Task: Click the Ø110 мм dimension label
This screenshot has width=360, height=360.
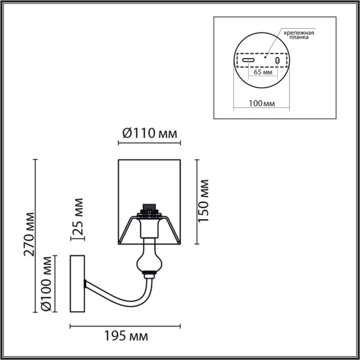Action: (150, 134)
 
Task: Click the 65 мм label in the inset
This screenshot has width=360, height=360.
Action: (263, 73)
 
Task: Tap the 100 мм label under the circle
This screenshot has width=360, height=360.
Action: (261, 103)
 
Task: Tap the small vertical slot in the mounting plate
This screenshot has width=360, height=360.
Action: (278, 61)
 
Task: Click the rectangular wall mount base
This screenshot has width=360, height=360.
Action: (77, 284)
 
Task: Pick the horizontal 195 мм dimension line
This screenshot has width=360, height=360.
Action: (125, 326)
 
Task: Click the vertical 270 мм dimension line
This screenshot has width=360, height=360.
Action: (36, 236)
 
